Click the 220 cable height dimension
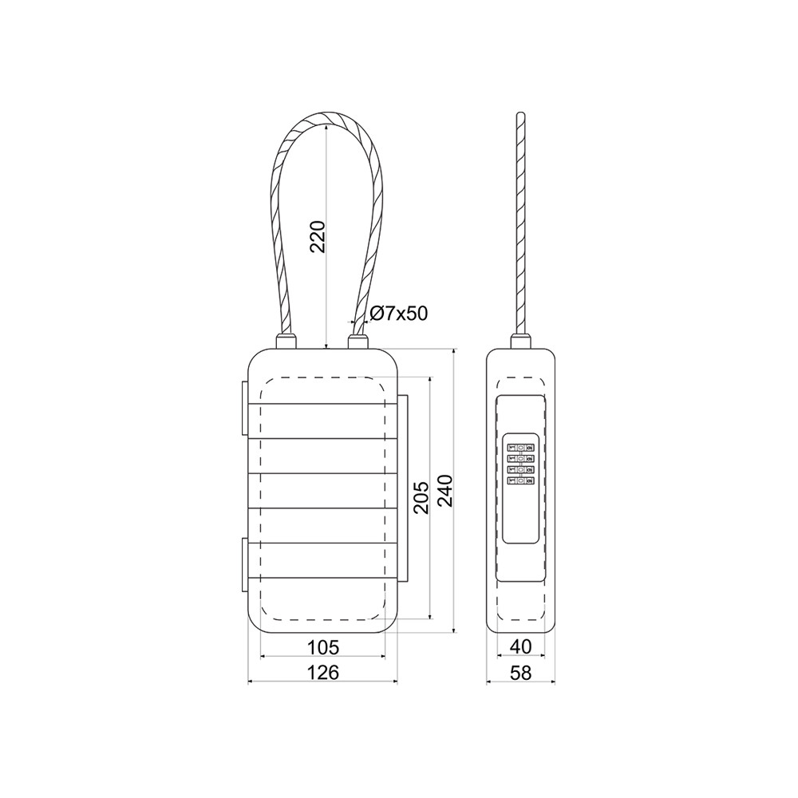pos(318,236)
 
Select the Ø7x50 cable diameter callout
pos(398,314)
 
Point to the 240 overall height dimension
pos(444,490)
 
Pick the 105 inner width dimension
pos(323,647)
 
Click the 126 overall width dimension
pos(323,673)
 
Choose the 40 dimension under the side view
pos(521,647)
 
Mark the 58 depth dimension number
pos(521,673)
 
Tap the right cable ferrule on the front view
pos(358,342)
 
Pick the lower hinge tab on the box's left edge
pos(243,566)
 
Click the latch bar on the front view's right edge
pos(403,487)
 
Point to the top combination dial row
pos(521,449)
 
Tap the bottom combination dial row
pos(521,480)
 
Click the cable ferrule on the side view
pos(521,342)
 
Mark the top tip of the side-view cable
pos(521,116)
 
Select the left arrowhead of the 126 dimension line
pos(252,683)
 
